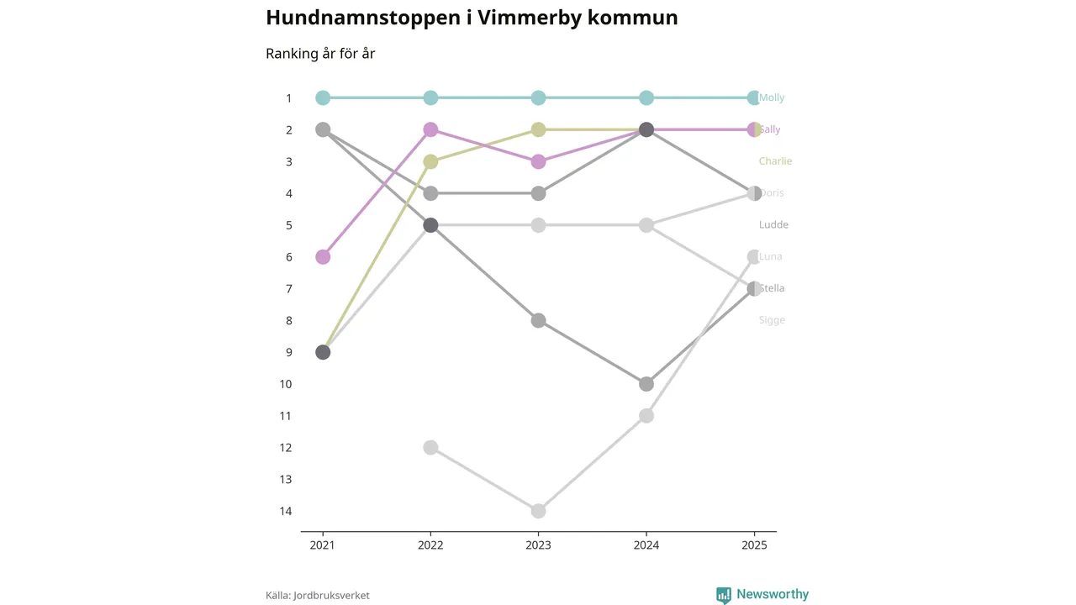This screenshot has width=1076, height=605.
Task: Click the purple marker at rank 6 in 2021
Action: pyautogui.click(x=323, y=257)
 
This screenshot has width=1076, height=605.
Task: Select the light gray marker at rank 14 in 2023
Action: pyautogui.click(x=538, y=511)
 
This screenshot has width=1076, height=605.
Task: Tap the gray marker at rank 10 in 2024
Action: pyautogui.click(x=646, y=384)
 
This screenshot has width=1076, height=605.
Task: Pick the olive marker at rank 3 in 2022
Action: pyautogui.click(x=430, y=161)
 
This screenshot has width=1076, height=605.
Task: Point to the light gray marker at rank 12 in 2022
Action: pyautogui.click(x=430, y=448)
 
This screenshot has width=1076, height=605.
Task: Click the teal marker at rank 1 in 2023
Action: pyautogui.click(x=538, y=98)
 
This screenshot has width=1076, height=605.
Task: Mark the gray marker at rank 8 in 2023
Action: pyautogui.click(x=538, y=321)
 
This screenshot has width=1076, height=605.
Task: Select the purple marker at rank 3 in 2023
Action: pyautogui.click(x=538, y=161)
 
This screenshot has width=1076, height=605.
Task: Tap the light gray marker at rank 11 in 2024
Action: pyautogui.click(x=646, y=416)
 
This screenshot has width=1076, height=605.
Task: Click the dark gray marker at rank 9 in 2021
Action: pyautogui.click(x=323, y=352)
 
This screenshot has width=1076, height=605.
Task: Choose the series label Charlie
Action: pyautogui.click(x=775, y=161)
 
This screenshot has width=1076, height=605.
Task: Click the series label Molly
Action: pyautogui.click(x=772, y=98)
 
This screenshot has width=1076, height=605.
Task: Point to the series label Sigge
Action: pyautogui.click(x=772, y=320)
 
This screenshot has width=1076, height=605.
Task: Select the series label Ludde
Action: pyautogui.click(x=773, y=225)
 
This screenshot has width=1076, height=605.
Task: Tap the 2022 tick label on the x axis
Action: pyautogui.click(x=430, y=545)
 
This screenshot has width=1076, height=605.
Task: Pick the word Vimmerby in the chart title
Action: pyautogui.click(x=525, y=18)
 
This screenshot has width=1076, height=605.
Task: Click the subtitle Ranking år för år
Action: pyautogui.click(x=320, y=54)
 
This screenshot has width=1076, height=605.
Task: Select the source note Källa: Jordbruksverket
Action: pyautogui.click(x=318, y=596)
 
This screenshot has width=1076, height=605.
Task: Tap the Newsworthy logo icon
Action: pyautogui.click(x=724, y=595)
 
